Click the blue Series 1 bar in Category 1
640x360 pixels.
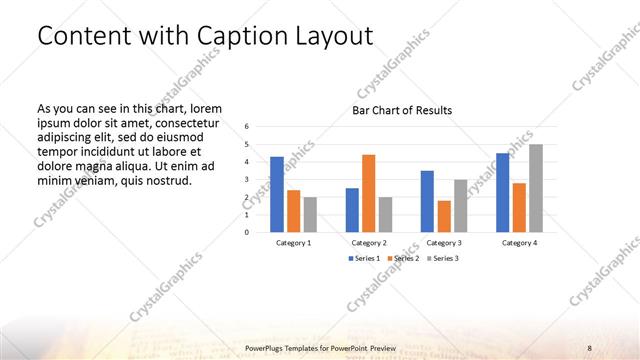pyautogui.click(x=277, y=194)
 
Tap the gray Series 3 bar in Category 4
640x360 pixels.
pyautogui.click(x=536, y=188)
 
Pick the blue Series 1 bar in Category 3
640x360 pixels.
pyautogui.click(x=428, y=201)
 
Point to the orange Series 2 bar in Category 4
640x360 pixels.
pyautogui.click(x=519, y=207)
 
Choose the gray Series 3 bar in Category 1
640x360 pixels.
pyautogui.click(x=310, y=214)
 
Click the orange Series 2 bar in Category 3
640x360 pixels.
pyautogui.click(x=444, y=216)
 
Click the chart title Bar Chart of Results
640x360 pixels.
pyautogui.click(x=402, y=110)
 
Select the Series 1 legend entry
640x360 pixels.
pyautogui.click(x=364, y=258)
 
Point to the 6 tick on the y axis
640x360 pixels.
pyautogui.click(x=247, y=127)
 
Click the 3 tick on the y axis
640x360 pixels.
pyautogui.click(x=247, y=180)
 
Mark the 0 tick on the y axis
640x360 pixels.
pyautogui.click(x=247, y=233)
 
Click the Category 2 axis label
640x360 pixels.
pyautogui.click(x=369, y=243)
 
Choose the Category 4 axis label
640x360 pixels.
pyautogui.click(x=519, y=243)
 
